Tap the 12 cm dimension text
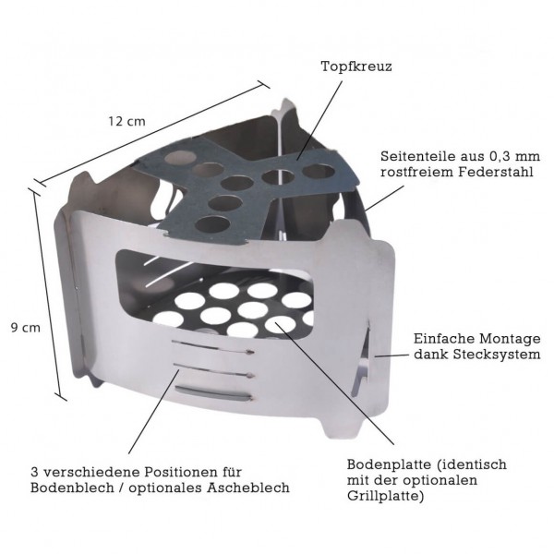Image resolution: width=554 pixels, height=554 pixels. click(x=126, y=121)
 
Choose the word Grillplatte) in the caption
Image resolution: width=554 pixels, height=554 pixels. click(x=388, y=498)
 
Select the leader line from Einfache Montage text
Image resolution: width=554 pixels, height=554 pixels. click(x=393, y=352)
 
